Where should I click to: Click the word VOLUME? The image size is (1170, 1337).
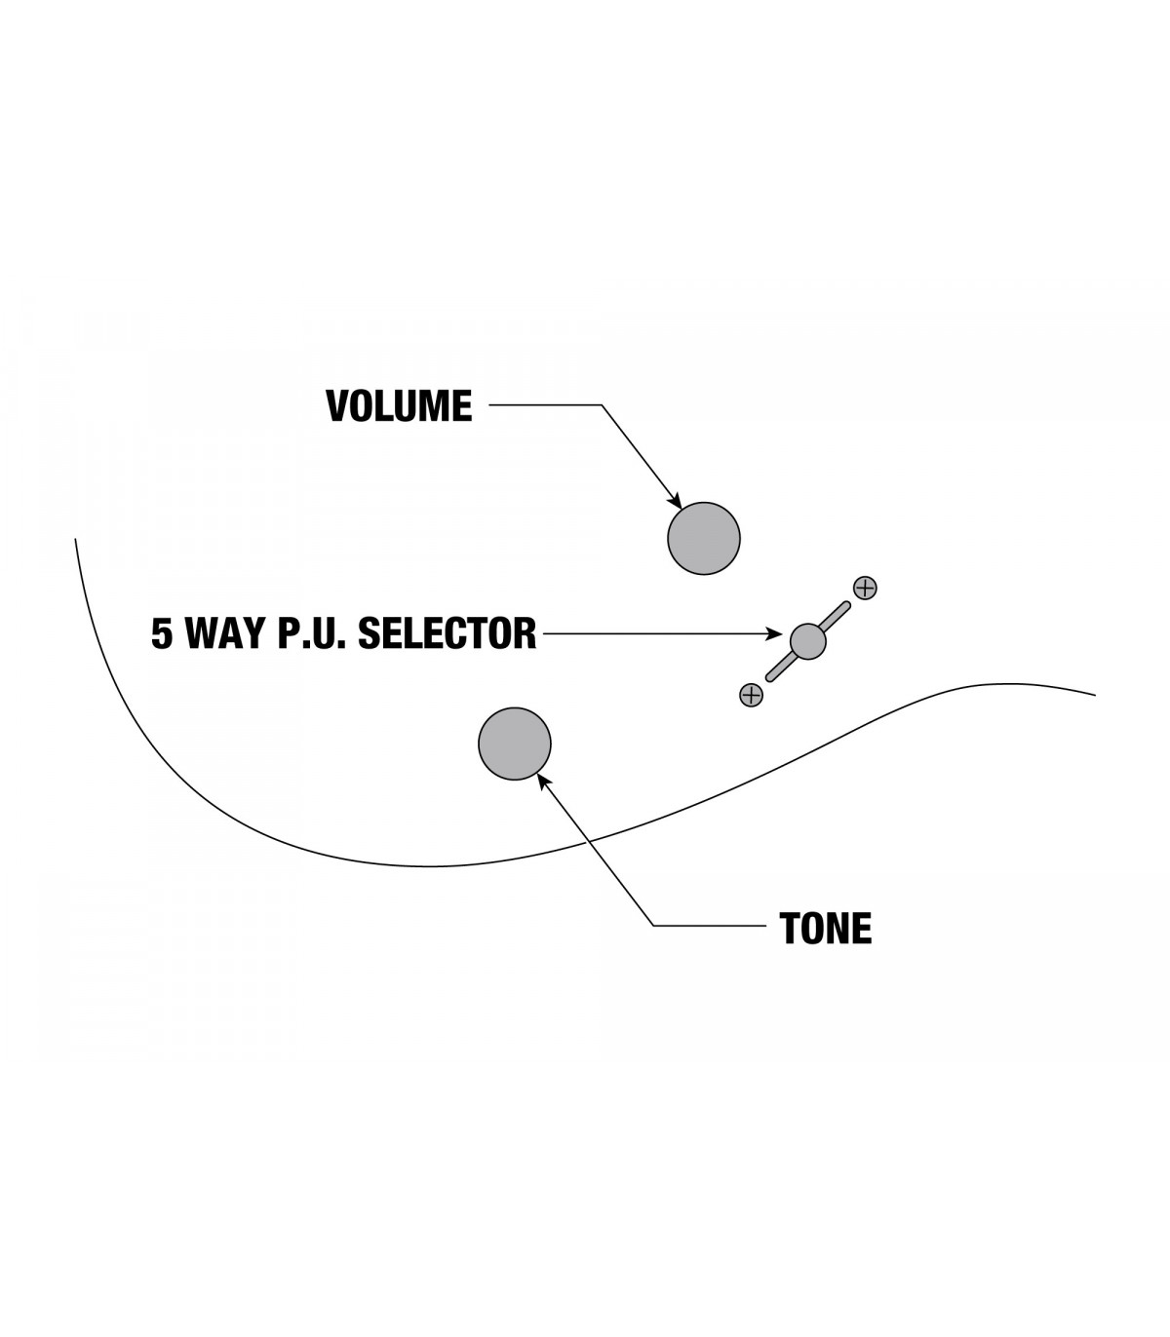pos(399,406)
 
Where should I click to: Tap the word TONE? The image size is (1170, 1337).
pos(825,929)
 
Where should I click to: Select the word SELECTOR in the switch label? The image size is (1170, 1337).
pos(448,633)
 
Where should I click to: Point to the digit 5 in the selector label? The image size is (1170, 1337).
pos(162,633)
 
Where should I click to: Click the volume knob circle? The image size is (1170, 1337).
pos(704,538)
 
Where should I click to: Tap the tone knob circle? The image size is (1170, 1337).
pos(515,744)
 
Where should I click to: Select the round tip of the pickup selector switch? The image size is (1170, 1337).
pos(807,640)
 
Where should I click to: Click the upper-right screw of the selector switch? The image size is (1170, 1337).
pos(865,588)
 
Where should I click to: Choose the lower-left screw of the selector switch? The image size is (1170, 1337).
pos(751,695)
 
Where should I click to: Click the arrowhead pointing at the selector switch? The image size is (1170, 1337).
pos(776,634)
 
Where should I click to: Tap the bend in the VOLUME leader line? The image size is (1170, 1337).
pos(602,405)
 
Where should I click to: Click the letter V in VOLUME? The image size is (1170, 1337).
pos(337,406)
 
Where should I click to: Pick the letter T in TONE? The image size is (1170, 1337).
pos(790,929)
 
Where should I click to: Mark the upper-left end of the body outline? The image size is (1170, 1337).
pos(76,539)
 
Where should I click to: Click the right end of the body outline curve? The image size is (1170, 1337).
pos(1095,695)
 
